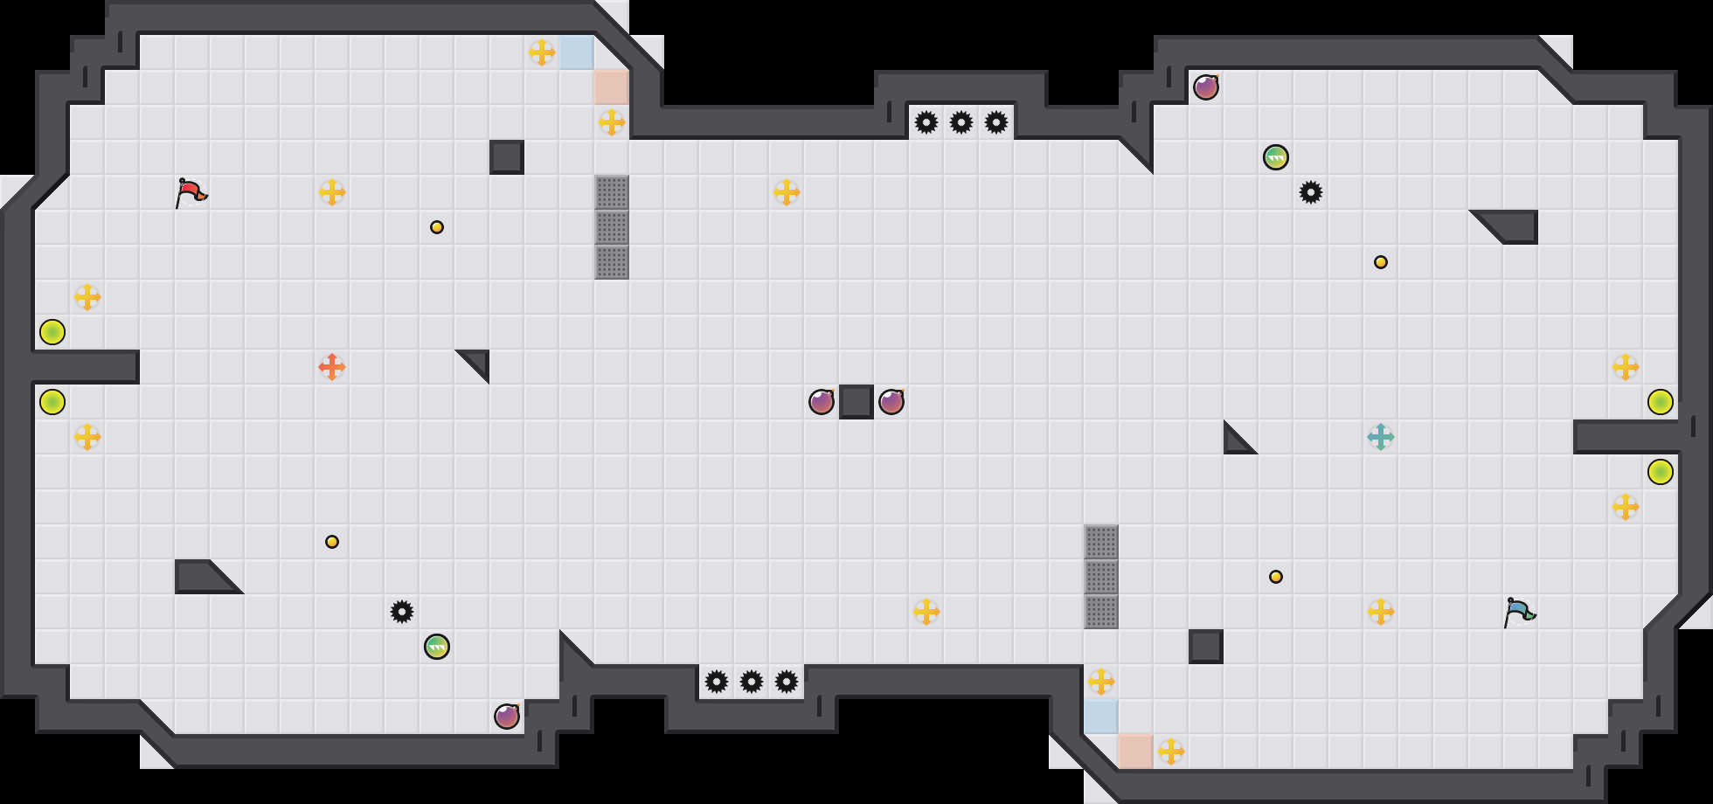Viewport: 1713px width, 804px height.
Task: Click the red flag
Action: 191,192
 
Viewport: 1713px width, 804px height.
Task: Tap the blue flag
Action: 1519,612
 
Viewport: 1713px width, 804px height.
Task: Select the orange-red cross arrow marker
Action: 332,367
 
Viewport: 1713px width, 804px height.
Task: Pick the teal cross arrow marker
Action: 1381,437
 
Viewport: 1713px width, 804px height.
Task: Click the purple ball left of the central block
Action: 822,402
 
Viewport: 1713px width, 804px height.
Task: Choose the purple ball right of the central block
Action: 891,402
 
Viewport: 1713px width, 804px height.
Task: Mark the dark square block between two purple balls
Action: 856,402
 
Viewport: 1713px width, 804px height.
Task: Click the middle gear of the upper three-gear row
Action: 961,122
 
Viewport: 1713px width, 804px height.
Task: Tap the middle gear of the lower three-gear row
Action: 752,682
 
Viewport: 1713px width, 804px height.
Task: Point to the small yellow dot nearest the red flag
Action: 437,227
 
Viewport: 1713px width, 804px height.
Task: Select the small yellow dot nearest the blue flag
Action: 1276,577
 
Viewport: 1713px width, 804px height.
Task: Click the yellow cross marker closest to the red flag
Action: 332,192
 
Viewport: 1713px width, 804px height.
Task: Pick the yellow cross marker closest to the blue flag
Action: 1381,612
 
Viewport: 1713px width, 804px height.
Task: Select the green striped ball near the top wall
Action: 1276,157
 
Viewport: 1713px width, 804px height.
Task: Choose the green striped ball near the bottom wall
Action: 437,647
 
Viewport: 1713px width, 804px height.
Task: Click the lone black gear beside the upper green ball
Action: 1311,192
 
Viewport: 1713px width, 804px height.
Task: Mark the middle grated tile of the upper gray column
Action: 612,227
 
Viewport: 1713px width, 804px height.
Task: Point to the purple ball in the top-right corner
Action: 1206,87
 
